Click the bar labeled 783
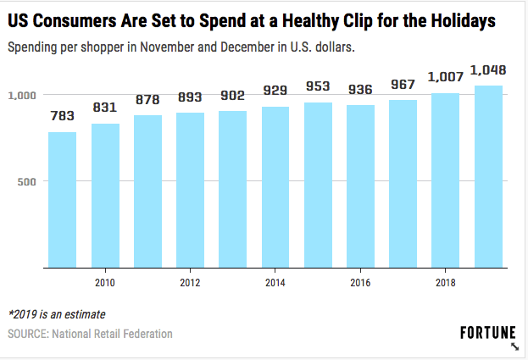click(63, 200)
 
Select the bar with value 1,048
click(488, 177)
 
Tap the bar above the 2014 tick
click(275, 187)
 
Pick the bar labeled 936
click(360, 186)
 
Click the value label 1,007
click(446, 77)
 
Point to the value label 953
click(318, 86)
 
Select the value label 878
click(147, 100)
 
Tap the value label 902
click(232, 96)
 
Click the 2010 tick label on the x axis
click(105, 283)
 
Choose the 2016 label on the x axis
click(360, 283)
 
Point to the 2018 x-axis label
click(446, 283)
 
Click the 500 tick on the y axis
click(26, 182)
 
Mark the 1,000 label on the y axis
click(22, 96)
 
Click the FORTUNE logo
click(488, 333)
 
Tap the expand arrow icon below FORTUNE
click(515, 346)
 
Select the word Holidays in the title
click(464, 21)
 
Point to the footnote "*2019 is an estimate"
click(57, 314)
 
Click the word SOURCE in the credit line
click(28, 334)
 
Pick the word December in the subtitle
click(247, 47)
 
